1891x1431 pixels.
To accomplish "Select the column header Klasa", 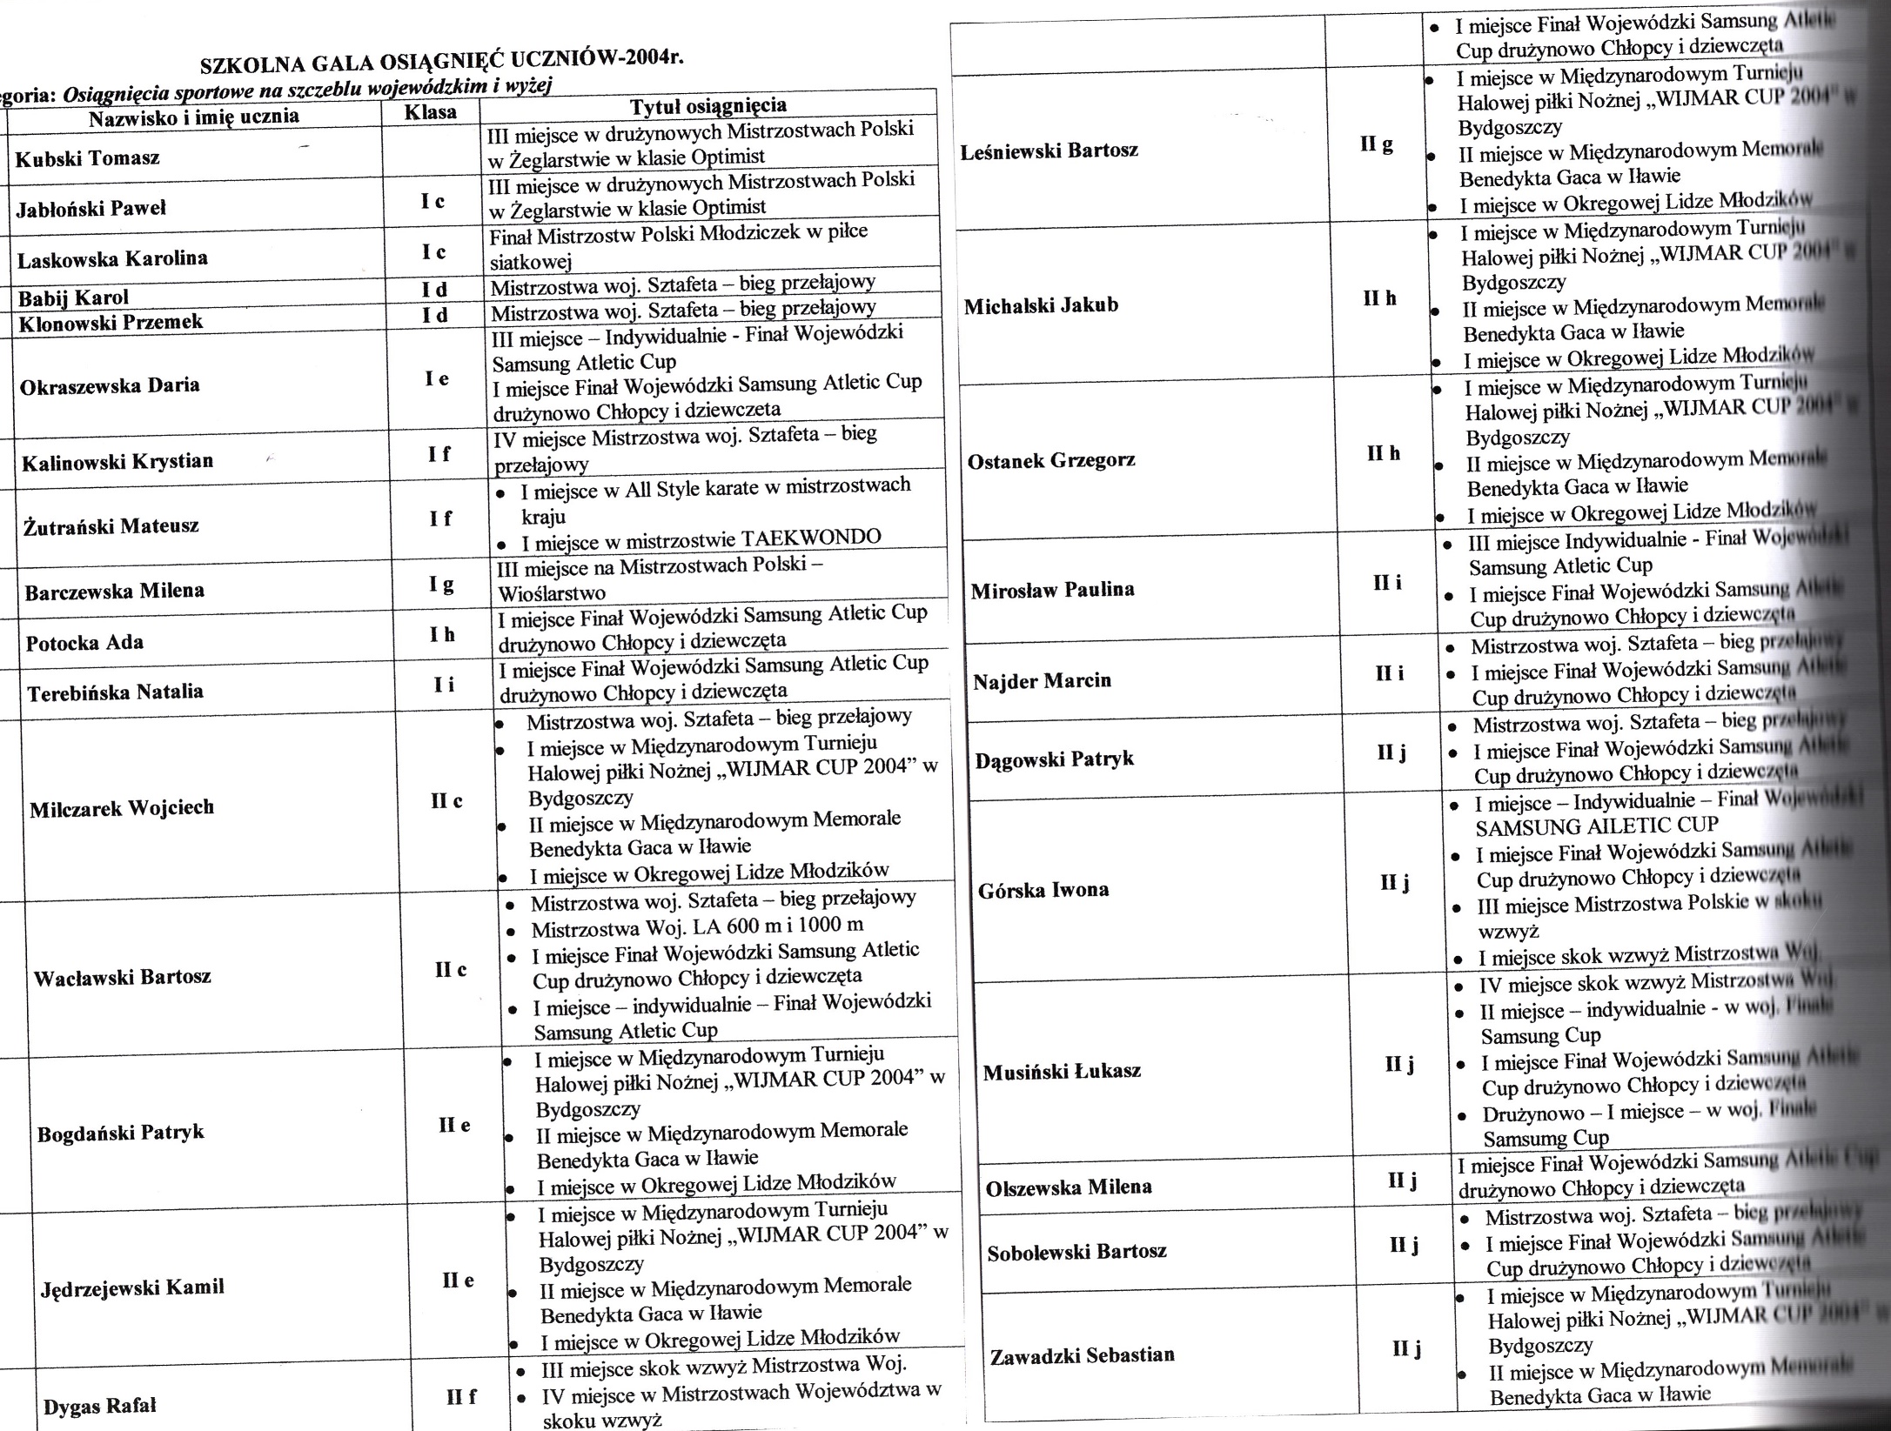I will coord(431,112).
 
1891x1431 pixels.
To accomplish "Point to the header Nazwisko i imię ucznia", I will coord(194,117).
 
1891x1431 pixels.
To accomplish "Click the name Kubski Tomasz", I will coord(88,159).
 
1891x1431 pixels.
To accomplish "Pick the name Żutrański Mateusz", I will coord(111,525).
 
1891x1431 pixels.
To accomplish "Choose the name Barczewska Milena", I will coord(114,592).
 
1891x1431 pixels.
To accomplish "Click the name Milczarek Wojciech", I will coord(122,808).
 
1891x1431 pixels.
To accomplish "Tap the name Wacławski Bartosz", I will coord(122,977).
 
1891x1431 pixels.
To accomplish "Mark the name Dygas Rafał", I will coord(100,1407).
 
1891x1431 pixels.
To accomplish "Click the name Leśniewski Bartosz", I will coord(1049,150).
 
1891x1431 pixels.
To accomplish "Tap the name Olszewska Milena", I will coord(1068,1187).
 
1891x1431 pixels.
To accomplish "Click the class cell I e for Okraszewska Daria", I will coord(437,378).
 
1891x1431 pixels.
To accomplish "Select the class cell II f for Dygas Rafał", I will coord(460,1398).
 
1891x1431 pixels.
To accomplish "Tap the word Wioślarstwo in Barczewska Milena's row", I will coord(551,593).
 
